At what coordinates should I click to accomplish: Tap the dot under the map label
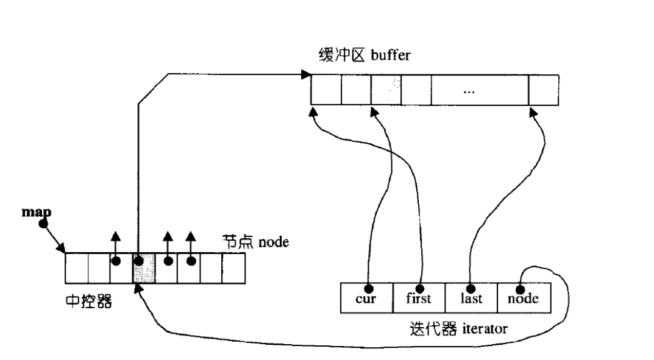[x=43, y=224]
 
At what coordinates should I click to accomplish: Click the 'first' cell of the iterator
[x=419, y=298]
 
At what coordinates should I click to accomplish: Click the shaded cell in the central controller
[x=144, y=269]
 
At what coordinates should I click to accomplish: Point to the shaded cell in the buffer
[x=386, y=90]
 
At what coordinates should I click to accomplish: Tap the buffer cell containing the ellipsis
[x=468, y=90]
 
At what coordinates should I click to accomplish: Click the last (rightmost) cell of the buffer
[x=544, y=90]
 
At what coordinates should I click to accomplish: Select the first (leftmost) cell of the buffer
[x=326, y=90]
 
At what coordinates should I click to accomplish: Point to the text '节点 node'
[x=255, y=242]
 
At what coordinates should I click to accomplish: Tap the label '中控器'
[x=88, y=302]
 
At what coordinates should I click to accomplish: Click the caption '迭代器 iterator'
[x=459, y=330]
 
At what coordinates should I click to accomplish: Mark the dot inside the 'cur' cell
[x=368, y=288]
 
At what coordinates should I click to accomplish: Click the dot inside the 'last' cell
[x=471, y=288]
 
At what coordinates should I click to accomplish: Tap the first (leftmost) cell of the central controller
[x=77, y=269]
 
